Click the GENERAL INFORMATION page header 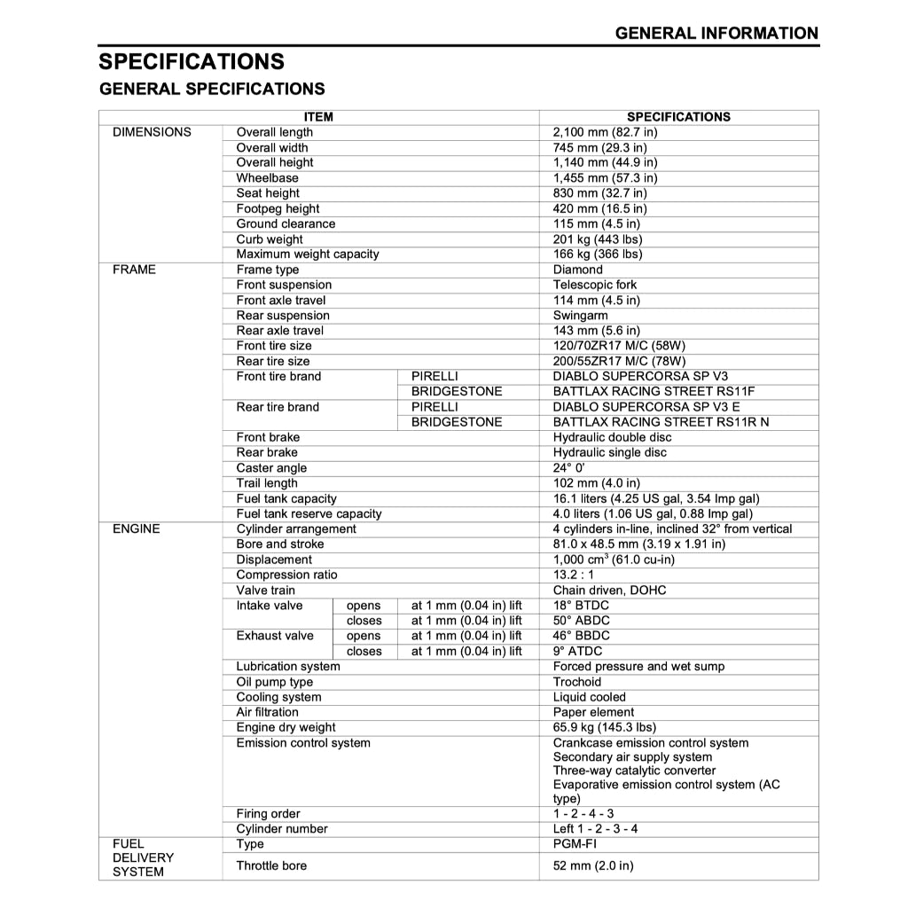point(716,34)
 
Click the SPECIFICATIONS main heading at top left point(192,62)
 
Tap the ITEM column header point(318,117)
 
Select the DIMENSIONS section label point(152,132)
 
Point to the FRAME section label point(134,270)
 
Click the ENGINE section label point(137,529)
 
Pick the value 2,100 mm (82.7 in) point(605,132)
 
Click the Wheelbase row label point(267,178)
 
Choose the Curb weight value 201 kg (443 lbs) point(598,239)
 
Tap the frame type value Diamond point(577,270)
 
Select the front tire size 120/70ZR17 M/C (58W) point(619,346)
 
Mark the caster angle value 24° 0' point(568,468)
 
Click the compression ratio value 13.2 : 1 point(574,575)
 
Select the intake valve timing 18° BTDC point(581,606)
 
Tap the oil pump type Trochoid point(576,682)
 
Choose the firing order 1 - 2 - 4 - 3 point(583,814)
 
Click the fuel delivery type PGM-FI point(573,844)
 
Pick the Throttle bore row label point(271,865)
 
